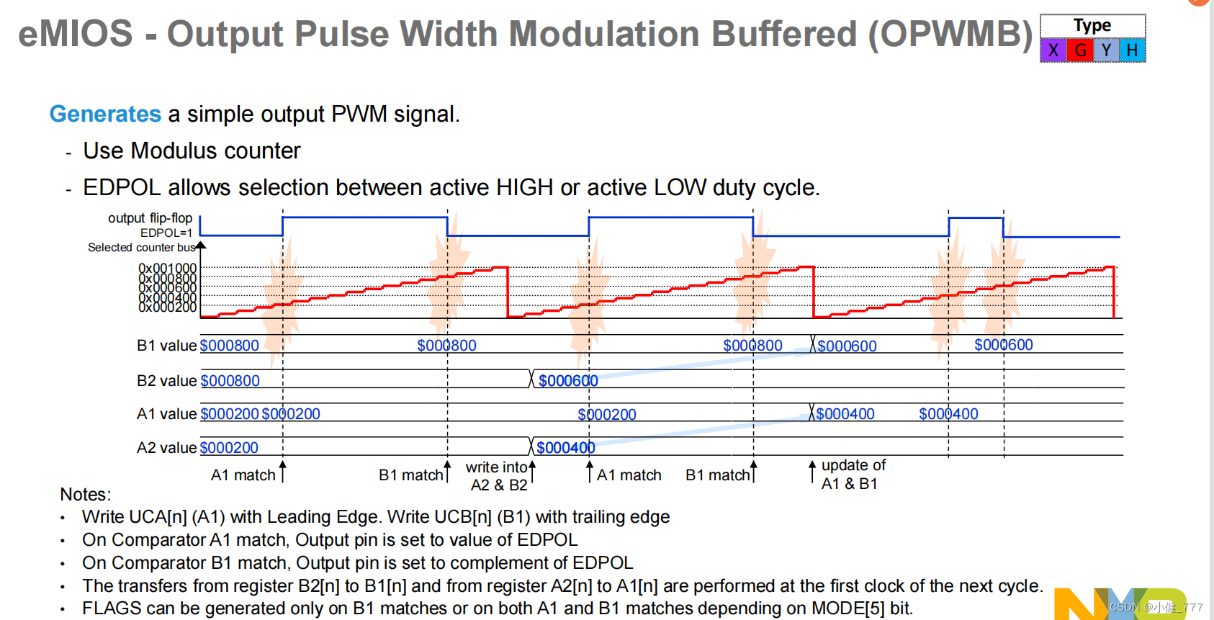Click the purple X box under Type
tap(1053, 50)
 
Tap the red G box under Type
tap(1080, 50)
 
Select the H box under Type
tap(1132, 50)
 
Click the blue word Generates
tap(105, 114)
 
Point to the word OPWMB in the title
tap(950, 34)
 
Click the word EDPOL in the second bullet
tap(122, 187)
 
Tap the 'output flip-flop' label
tap(150, 217)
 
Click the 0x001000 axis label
tap(167, 268)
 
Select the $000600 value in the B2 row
tap(568, 380)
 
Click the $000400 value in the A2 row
tap(565, 448)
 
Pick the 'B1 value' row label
tap(166, 346)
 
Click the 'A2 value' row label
tap(166, 448)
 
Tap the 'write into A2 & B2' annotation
tap(498, 476)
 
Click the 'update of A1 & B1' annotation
tap(853, 475)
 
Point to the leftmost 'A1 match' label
tap(243, 475)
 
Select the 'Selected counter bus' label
tap(141, 247)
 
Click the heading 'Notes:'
tap(85, 495)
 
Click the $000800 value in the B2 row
tap(230, 380)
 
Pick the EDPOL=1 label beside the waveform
tap(166, 233)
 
